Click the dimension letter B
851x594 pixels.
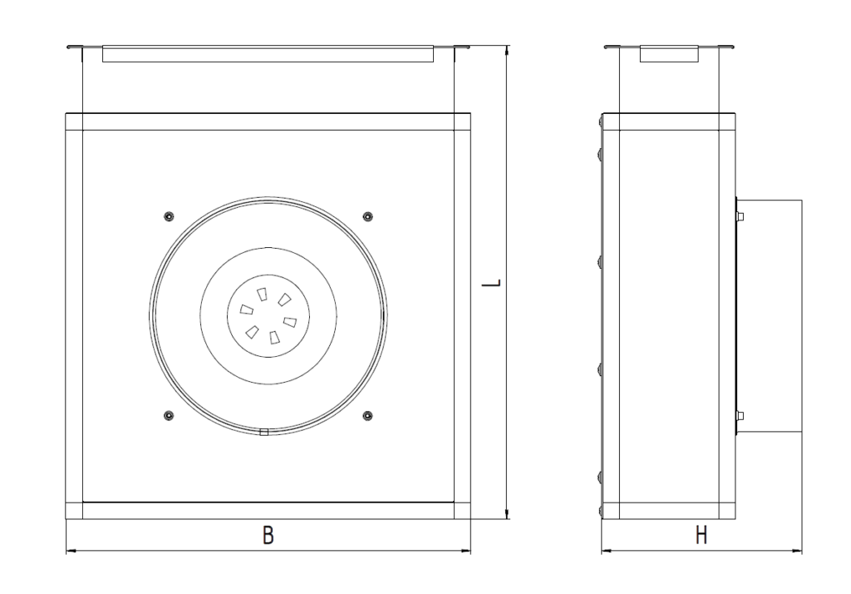268,535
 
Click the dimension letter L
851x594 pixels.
492,283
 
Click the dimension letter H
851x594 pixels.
701,535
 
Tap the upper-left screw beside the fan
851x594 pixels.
169,217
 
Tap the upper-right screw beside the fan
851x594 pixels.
368,217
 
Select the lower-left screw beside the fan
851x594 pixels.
169,416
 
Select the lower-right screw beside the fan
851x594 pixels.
368,416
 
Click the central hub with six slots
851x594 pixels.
268,316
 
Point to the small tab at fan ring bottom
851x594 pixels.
264,433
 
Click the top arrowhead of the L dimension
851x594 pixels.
507,49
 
